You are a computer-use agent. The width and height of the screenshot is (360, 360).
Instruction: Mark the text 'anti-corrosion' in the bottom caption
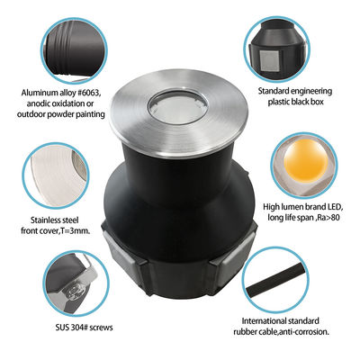click(303, 333)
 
